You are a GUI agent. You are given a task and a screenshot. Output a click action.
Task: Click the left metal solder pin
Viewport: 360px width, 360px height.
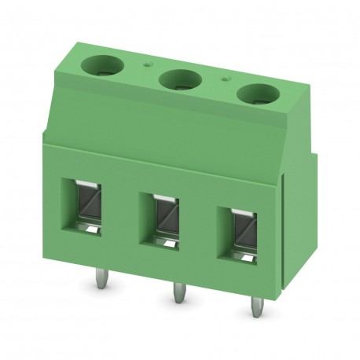101,278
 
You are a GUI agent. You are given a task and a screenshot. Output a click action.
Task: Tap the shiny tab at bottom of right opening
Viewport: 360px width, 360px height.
244,256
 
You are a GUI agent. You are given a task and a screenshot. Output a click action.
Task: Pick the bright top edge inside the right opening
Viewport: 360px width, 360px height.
243,210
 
